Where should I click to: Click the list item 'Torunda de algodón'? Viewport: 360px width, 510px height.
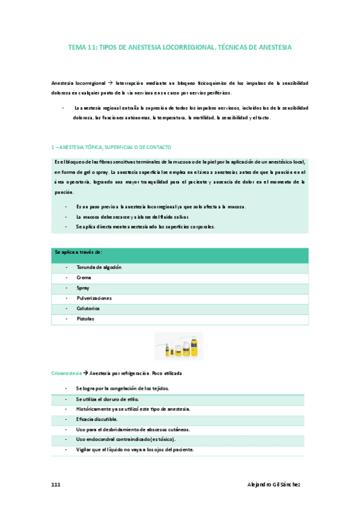[99, 267]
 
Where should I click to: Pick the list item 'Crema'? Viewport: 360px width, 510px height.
[84, 278]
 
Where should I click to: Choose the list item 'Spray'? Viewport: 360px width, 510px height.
[83, 288]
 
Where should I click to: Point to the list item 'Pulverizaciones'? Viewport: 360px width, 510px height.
[94, 298]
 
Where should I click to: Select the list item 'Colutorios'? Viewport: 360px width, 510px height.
[88, 309]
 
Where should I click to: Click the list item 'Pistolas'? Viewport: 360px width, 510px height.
[85, 319]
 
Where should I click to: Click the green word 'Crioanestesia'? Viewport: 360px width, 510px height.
[66, 373]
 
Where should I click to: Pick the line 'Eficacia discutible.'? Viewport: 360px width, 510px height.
[97, 419]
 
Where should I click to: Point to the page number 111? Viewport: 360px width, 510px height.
[56, 484]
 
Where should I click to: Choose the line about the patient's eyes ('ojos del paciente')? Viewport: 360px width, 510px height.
[135, 449]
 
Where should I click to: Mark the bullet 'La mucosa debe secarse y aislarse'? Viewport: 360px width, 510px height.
[132, 217]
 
